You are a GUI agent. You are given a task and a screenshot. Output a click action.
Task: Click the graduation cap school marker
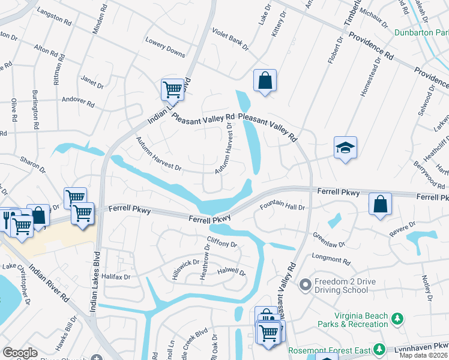[345, 148]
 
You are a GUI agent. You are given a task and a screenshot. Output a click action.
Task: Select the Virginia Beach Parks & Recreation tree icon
[397, 319]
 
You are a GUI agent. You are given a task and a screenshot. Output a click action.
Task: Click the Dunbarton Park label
[421, 33]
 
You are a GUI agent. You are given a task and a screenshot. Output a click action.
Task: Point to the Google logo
[20, 352]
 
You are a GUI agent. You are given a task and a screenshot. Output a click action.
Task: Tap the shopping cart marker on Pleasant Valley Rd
[172, 89]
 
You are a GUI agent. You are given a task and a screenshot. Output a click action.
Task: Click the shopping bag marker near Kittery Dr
[265, 80]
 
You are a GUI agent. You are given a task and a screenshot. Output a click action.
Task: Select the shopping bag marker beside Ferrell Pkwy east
[380, 203]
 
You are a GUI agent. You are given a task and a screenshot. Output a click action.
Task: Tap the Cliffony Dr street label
[222, 243]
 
